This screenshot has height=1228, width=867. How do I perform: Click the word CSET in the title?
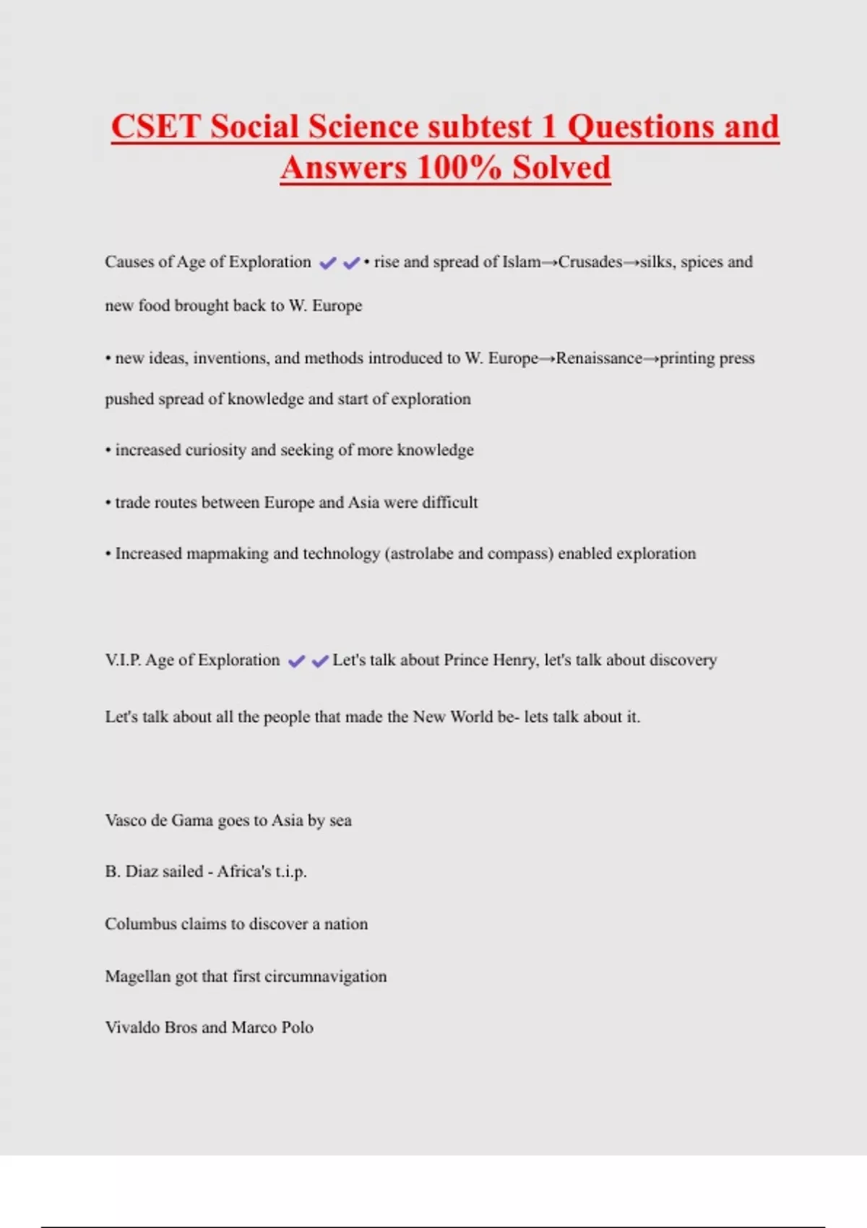155,127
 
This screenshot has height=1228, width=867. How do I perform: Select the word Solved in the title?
561,168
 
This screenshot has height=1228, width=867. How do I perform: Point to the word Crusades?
590,262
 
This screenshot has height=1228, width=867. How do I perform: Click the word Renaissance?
598,358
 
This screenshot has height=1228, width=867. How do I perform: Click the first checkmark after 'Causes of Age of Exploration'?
328,263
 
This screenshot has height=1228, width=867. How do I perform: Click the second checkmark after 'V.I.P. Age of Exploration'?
320,661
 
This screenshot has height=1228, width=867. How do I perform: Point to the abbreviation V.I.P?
123,660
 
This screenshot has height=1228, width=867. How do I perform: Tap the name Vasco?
126,821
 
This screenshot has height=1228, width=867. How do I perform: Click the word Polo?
297,1028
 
